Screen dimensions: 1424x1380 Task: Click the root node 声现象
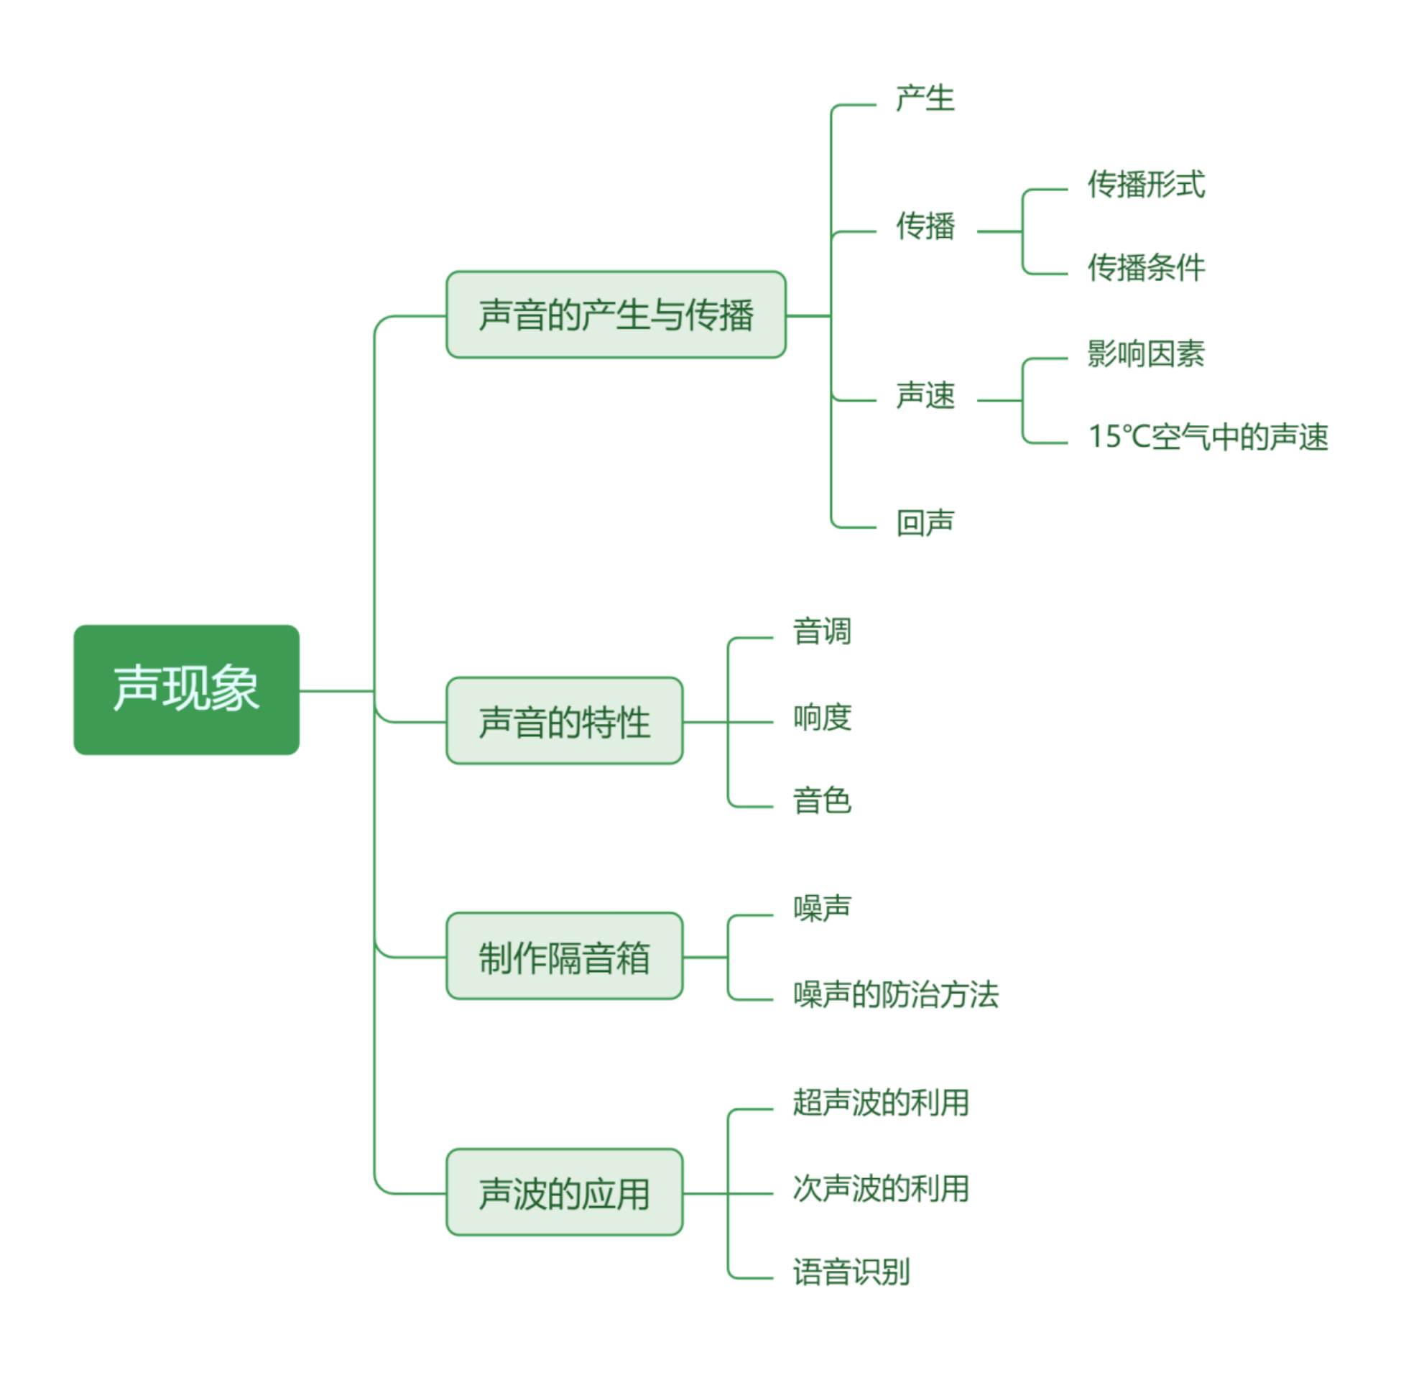pyautogui.click(x=186, y=689)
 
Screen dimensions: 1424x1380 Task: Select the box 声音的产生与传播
pyautogui.click(x=616, y=315)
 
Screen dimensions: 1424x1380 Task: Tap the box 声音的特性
pyautogui.click(x=564, y=721)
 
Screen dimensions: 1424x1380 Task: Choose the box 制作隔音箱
pyautogui.click(x=564, y=956)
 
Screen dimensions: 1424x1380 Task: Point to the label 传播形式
pyautogui.click(x=1146, y=184)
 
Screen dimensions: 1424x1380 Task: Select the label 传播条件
pyautogui.click(x=1146, y=267)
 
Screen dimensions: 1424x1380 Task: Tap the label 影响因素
pyautogui.click(x=1146, y=353)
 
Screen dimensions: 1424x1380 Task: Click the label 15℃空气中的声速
pyautogui.click(x=1208, y=437)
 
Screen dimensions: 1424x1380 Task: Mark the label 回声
pyautogui.click(x=924, y=522)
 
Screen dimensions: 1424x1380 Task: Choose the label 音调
pyautogui.click(x=822, y=631)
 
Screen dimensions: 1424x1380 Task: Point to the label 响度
pyautogui.click(x=822, y=717)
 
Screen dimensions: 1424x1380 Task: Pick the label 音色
pyautogui.click(x=822, y=800)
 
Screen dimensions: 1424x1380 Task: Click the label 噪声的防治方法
pyautogui.click(x=896, y=994)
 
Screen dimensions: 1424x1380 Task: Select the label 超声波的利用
pyautogui.click(x=881, y=1103)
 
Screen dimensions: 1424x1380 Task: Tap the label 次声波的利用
pyautogui.click(x=881, y=1188)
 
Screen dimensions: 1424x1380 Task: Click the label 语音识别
pyautogui.click(x=851, y=1272)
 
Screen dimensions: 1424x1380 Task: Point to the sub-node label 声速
pyautogui.click(x=924, y=396)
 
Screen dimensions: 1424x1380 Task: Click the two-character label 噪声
pyautogui.click(x=822, y=908)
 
